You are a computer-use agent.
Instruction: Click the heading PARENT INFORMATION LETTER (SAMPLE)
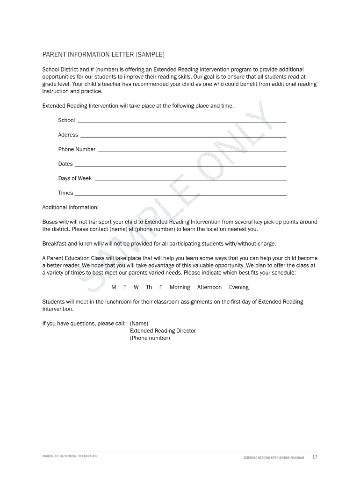(103, 55)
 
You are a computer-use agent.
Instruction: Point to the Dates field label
(65, 164)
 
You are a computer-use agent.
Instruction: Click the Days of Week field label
(75, 178)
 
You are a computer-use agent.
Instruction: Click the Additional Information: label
(71, 207)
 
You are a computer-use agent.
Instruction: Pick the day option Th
(149, 287)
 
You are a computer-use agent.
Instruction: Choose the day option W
(136, 287)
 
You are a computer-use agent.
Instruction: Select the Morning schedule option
(180, 287)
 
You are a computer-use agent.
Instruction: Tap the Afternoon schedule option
(209, 287)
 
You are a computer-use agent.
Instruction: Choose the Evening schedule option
(239, 287)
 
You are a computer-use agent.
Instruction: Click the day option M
(114, 287)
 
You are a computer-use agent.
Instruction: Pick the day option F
(161, 287)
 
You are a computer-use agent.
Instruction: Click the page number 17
(315, 457)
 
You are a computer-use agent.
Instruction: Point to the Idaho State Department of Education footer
(70, 456)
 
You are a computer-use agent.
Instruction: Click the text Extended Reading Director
(163, 331)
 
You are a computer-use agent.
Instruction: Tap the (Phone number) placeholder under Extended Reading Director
(150, 338)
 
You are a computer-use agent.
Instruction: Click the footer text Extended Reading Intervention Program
(274, 457)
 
